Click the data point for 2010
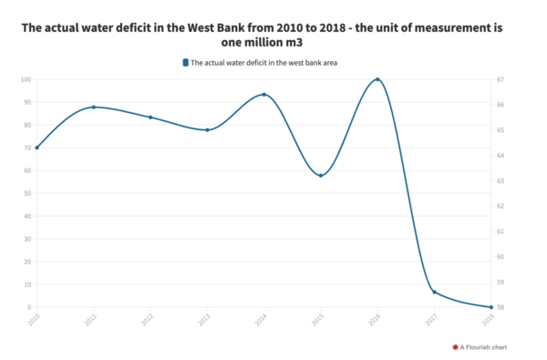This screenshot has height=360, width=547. click(36, 148)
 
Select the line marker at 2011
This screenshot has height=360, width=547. click(94, 108)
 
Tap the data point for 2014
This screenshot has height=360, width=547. click(264, 95)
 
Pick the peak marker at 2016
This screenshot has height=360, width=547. click(377, 80)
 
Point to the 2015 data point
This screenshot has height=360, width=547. click(321, 175)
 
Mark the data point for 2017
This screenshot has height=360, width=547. click(434, 292)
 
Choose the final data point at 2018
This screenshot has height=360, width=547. click(490, 307)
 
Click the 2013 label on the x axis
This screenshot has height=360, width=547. click(204, 320)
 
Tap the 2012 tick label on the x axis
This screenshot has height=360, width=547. click(148, 320)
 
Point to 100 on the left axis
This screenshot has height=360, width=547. click(26, 80)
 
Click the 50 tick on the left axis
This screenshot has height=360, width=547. click(27, 193)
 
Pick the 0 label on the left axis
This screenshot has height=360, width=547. click(30, 307)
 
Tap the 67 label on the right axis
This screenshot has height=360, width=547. click(501, 80)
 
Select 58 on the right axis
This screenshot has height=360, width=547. click(501, 307)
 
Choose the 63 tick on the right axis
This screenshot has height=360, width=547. click(501, 181)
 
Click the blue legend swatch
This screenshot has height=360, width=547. click(185, 62)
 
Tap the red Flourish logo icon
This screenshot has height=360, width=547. click(455, 347)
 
